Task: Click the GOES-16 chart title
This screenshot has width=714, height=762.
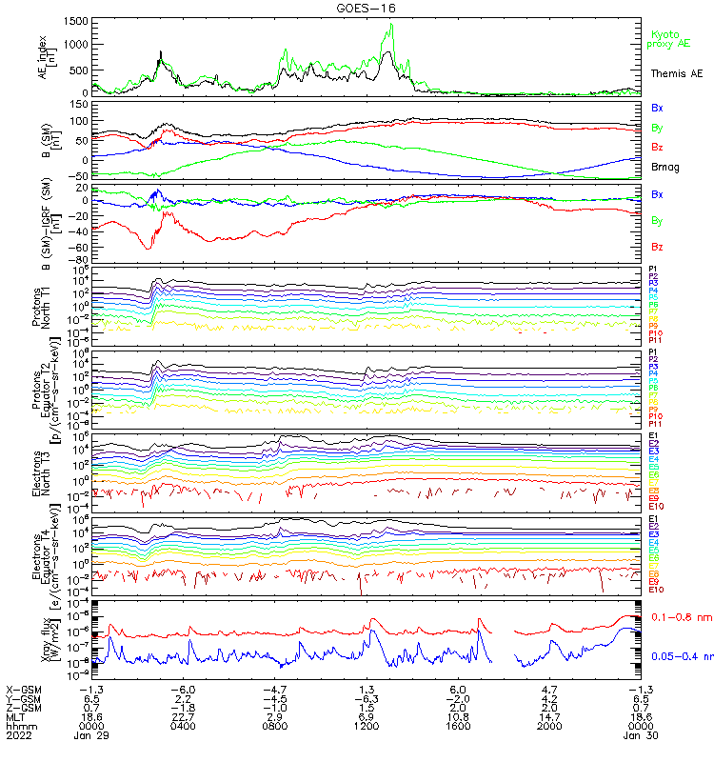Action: coord(356,8)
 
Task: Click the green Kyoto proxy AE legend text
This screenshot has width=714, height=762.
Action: coord(671,39)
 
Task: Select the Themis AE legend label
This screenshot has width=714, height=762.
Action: coord(677,73)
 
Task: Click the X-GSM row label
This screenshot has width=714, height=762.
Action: coord(23,690)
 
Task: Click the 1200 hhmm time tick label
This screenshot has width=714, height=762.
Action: coord(366,739)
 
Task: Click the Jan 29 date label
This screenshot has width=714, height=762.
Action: coord(90,752)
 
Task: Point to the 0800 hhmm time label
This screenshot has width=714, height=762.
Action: coord(274,739)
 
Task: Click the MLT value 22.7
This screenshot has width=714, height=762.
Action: coord(183,727)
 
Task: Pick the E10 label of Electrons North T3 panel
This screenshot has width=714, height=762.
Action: coord(655,506)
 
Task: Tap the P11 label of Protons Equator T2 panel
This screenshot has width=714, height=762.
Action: coord(655,424)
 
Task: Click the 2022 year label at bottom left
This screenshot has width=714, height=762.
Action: coord(17,752)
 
